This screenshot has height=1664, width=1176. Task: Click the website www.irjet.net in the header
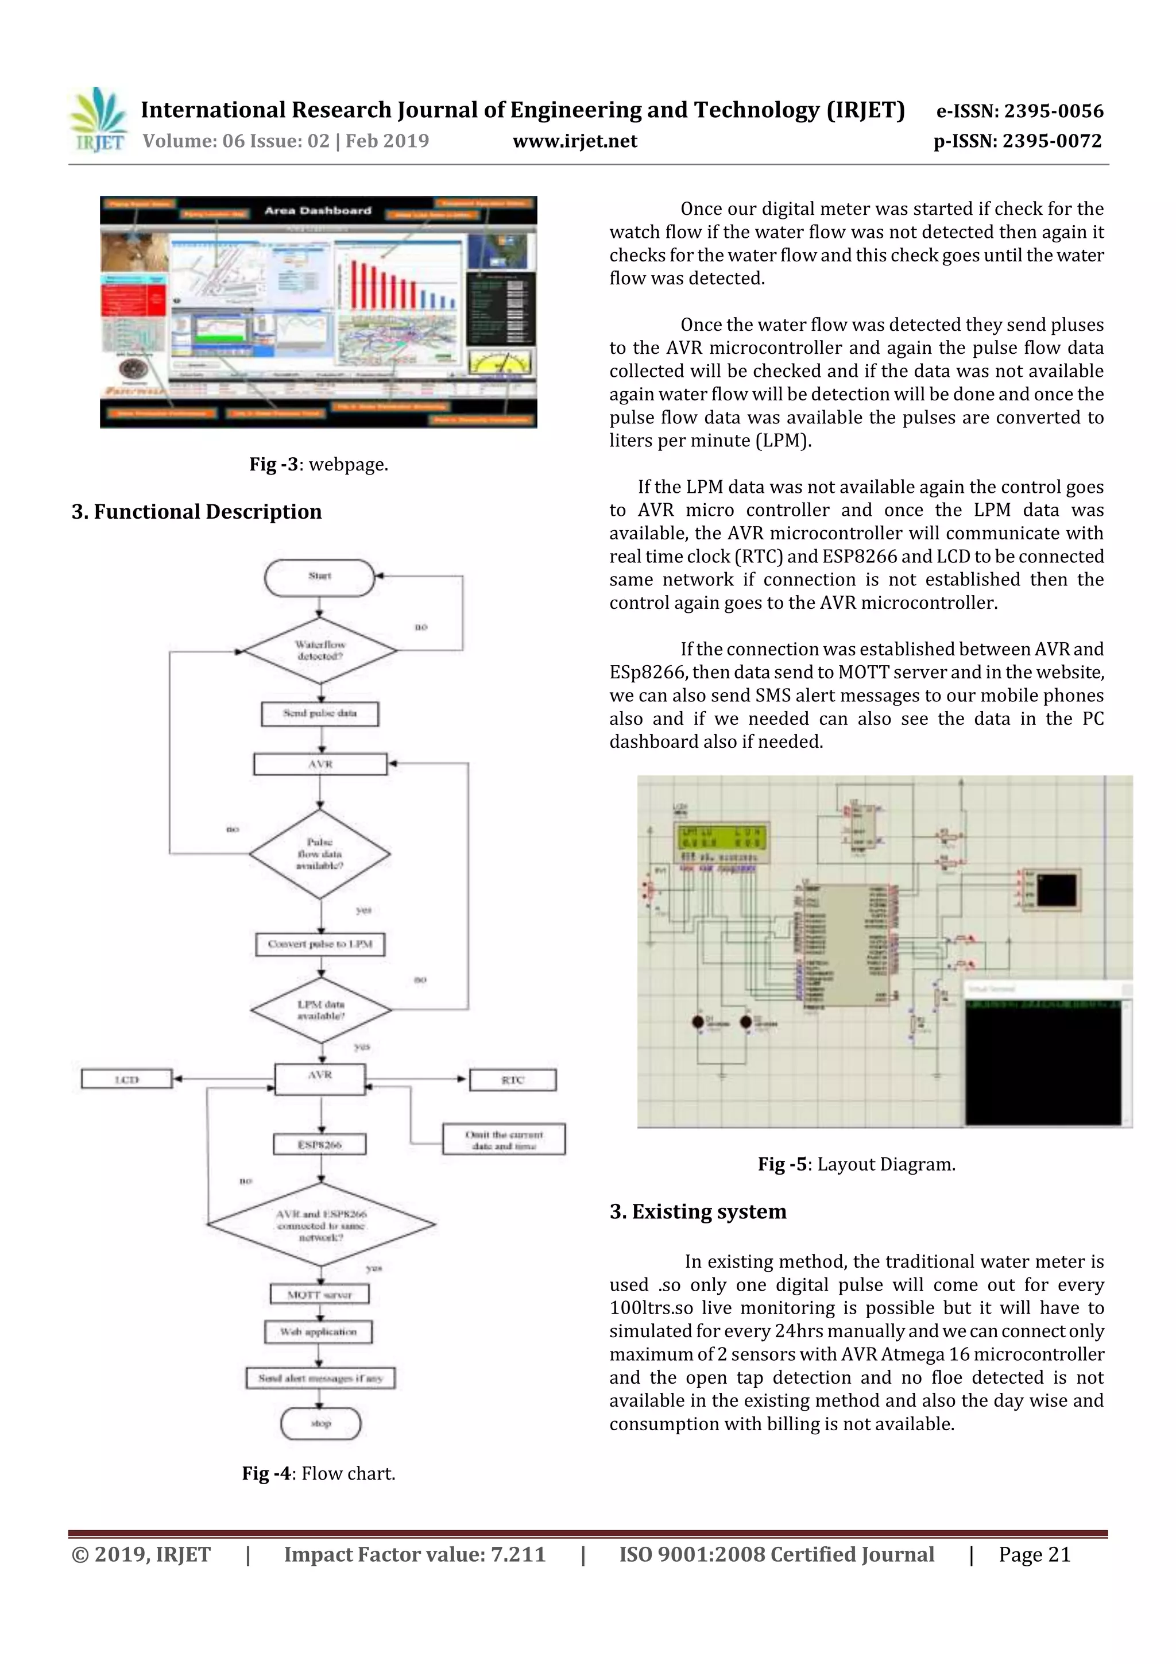pos(575,141)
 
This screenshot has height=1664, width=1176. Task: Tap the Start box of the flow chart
pos(319,577)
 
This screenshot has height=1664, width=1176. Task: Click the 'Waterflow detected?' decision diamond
pos(319,650)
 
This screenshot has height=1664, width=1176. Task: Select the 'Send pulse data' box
pos(319,713)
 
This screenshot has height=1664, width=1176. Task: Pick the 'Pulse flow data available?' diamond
pos(319,854)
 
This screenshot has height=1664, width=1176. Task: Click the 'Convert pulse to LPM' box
pos(319,944)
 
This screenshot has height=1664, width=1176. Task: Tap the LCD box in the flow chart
pos(127,1080)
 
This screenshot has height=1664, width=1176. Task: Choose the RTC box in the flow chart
pos(512,1080)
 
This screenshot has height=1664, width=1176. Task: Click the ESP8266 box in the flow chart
pos(319,1144)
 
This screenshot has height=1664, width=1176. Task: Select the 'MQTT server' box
pos(319,1295)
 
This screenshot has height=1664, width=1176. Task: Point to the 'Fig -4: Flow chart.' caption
pos(319,1473)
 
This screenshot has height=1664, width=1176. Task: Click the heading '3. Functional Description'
pos(196,512)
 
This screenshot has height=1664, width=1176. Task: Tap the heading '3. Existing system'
pos(698,1212)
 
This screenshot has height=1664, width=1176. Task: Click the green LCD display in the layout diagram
pos(720,839)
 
